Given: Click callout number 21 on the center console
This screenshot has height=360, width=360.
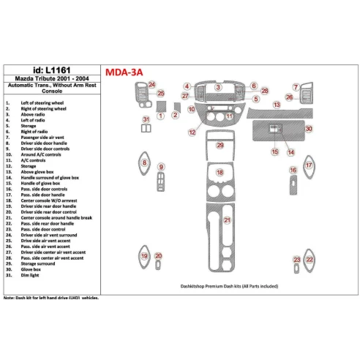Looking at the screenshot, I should (x=228, y=220).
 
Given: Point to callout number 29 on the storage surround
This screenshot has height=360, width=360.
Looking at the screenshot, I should (x=220, y=146).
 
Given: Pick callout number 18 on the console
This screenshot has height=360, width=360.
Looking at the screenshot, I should (x=220, y=173).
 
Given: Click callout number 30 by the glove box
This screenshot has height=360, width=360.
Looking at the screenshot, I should (x=309, y=129).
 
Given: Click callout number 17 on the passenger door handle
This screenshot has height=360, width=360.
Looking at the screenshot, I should (x=309, y=166).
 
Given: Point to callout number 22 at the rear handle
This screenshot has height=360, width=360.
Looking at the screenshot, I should (x=310, y=259).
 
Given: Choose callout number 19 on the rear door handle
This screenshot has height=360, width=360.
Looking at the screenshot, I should (x=144, y=255).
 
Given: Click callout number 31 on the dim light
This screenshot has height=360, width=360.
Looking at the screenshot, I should (x=146, y=119).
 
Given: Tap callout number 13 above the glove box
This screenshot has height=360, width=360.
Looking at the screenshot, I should (x=277, y=105).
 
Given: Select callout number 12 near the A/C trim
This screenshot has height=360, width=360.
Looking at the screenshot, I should (x=192, y=132).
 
